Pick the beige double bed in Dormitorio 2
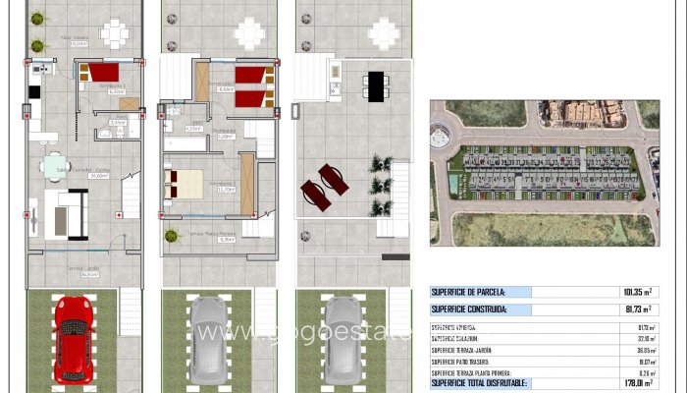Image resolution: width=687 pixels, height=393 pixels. coord(186,183)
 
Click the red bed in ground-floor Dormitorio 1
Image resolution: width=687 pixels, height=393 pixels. coord(101,73)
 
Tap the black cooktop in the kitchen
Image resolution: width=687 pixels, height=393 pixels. coord(33,91)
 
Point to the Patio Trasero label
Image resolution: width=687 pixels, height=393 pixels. coord(75,42)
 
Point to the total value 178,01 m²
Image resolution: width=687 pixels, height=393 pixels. coord(640,383)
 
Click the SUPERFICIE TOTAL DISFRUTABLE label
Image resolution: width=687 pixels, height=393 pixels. coord(480,383)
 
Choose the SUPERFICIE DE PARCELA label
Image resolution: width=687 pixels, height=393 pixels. coord(469,292)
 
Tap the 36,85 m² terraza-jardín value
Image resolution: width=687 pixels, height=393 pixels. coord(644,350)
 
